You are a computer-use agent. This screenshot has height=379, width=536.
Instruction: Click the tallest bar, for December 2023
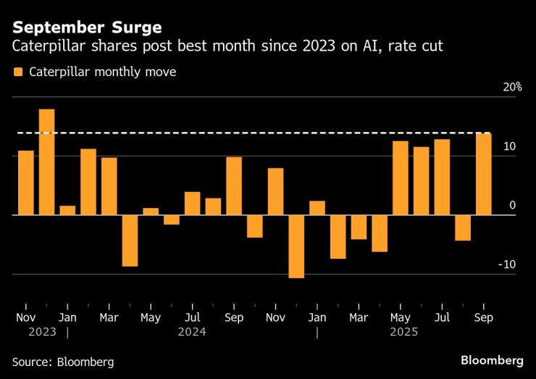point(46,162)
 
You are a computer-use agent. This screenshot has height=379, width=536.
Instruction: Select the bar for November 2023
point(26,183)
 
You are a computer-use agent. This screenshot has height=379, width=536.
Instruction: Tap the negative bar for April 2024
point(130,241)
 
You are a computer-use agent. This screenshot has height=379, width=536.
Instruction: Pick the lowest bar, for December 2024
point(296,246)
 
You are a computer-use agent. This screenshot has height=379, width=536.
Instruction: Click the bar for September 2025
point(483,174)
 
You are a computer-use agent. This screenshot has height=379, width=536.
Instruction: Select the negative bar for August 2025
point(463,228)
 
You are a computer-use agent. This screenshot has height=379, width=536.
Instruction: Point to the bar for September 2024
point(234,186)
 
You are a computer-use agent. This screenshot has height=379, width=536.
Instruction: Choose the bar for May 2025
point(401,178)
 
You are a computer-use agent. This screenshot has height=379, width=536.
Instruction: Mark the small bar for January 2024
point(67,210)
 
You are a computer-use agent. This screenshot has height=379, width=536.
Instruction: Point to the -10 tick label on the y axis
point(506,265)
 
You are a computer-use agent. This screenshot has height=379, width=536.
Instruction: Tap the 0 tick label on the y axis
point(512,206)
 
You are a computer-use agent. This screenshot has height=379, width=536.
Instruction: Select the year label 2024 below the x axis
point(192,332)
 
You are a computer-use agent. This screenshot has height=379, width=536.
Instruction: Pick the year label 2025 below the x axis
point(403,332)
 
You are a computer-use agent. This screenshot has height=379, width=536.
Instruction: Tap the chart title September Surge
point(86,28)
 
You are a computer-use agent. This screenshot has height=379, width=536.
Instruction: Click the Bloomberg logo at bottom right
point(492,360)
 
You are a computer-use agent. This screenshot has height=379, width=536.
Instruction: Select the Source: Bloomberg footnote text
point(63,361)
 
